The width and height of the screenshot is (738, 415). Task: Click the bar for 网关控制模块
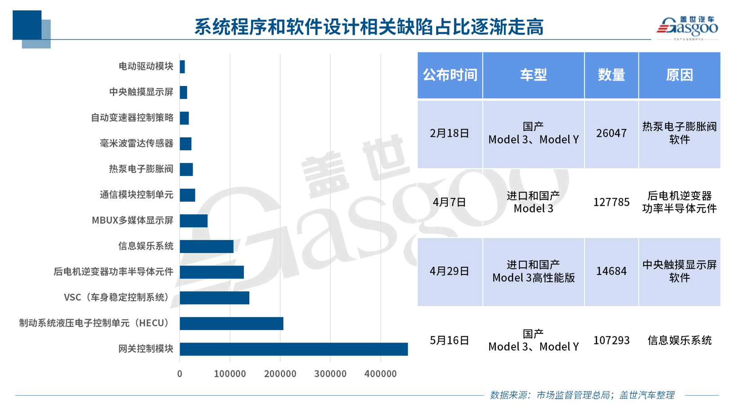pyautogui.click(x=293, y=349)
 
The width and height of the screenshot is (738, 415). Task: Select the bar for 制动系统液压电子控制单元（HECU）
pyautogui.click(x=231, y=324)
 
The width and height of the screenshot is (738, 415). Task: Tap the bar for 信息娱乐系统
pyautogui.click(x=207, y=247)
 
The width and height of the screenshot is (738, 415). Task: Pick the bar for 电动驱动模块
pyautogui.click(x=182, y=67)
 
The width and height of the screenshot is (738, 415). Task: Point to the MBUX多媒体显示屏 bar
pyautogui.click(x=193, y=221)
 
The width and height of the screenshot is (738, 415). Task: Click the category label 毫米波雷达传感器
pyautogui.click(x=136, y=144)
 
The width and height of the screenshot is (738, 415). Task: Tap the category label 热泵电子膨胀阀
pyautogui.click(x=141, y=169)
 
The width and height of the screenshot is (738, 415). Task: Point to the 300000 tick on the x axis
pyautogui.click(x=330, y=374)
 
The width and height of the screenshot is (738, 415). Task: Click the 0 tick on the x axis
pyautogui.click(x=180, y=374)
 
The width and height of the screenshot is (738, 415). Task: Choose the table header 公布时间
pyautogui.click(x=450, y=75)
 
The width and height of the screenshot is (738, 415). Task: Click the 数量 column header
pyautogui.click(x=611, y=75)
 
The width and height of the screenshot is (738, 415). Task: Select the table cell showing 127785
pyautogui.click(x=611, y=202)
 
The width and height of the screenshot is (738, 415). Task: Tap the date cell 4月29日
pyautogui.click(x=450, y=271)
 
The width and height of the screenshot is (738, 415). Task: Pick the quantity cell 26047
pyautogui.click(x=611, y=133)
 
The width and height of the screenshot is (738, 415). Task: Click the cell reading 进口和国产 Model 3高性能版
pyautogui.click(x=533, y=271)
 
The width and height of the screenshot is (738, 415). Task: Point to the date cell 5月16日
pyautogui.click(x=450, y=341)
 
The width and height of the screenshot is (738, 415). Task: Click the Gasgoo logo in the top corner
pyautogui.click(x=687, y=28)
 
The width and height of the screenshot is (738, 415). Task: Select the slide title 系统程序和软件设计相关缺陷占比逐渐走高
pyautogui.click(x=369, y=27)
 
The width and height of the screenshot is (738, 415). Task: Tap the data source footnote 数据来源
pyautogui.click(x=582, y=395)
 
